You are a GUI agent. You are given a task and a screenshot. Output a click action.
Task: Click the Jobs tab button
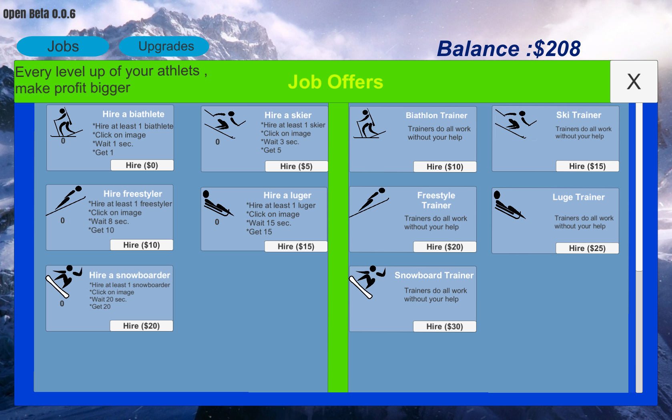click(x=63, y=46)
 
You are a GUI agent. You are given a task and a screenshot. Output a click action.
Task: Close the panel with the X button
click(x=634, y=81)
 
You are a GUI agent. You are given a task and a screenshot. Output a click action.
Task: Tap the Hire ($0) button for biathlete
click(x=142, y=165)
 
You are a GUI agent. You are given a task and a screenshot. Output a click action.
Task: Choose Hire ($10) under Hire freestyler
click(x=142, y=245)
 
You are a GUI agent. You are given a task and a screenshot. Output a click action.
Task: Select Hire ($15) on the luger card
click(x=296, y=247)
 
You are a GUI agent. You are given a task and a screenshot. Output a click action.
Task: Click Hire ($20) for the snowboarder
click(x=142, y=326)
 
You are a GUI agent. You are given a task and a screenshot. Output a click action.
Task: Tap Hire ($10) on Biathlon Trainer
click(x=445, y=167)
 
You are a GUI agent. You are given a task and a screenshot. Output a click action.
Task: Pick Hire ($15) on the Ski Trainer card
click(x=588, y=166)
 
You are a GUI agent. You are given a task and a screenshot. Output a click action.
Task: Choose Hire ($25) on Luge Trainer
click(x=588, y=248)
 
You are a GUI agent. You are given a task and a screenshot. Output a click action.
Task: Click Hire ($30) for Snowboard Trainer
click(x=445, y=326)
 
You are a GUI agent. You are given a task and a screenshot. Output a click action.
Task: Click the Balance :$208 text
click(x=509, y=48)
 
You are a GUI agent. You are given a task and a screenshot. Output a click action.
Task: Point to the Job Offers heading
click(x=335, y=82)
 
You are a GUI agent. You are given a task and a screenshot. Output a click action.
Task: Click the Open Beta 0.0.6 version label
click(x=39, y=14)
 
